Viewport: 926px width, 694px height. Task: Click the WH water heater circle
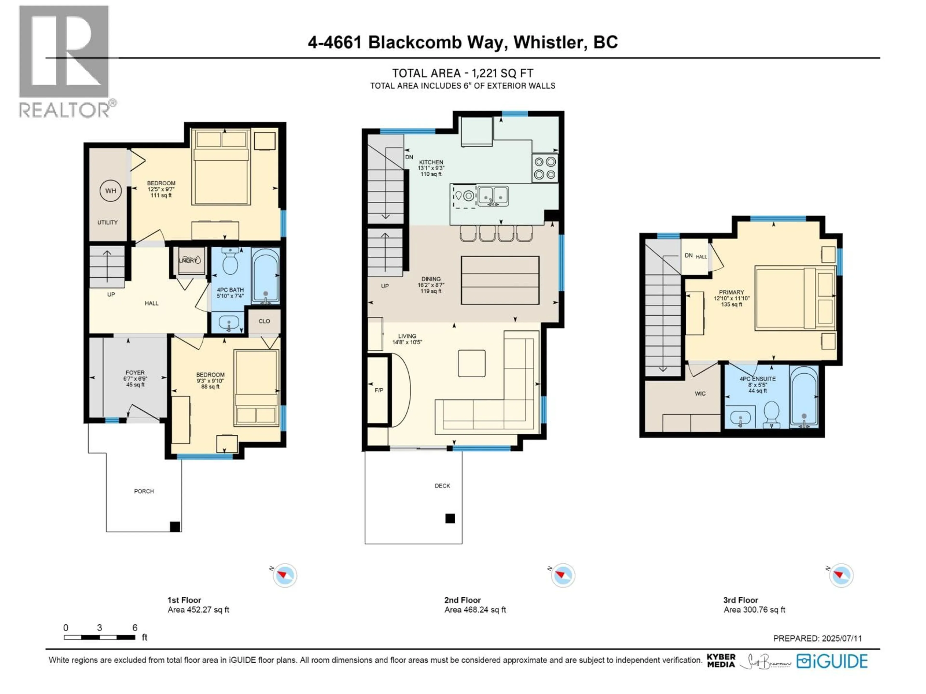pos(110,191)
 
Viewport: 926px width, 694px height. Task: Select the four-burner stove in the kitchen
pos(545,168)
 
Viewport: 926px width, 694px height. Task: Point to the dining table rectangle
pos(500,280)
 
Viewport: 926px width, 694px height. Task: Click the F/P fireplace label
pos(379,390)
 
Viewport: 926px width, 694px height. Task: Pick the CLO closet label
pos(264,321)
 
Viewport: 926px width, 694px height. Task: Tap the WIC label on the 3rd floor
pos(700,394)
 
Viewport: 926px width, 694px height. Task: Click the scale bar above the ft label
pos(100,638)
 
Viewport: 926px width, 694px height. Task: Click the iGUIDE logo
pos(832,661)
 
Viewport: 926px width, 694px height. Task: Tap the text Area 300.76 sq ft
pos(754,610)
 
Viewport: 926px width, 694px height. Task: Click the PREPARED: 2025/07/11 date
pos(817,638)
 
